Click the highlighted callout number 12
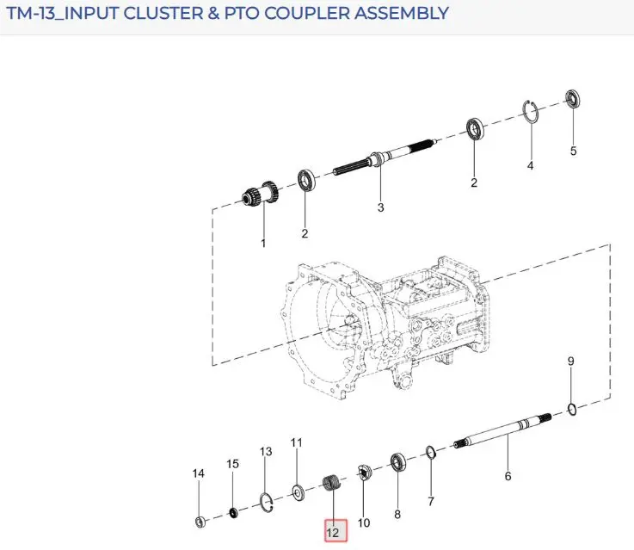click(x=335, y=531)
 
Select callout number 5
click(x=573, y=151)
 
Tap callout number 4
click(x=531, y=165)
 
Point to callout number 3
click(x=380, y=207)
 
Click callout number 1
click(x=263, y=244)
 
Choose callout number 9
click(x=570, y=362)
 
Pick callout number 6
click(x=508, y=476)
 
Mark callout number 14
click(x=198, y=473)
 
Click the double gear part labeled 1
click(x=261, y=194)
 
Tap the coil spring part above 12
click(x=332, y=483)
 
